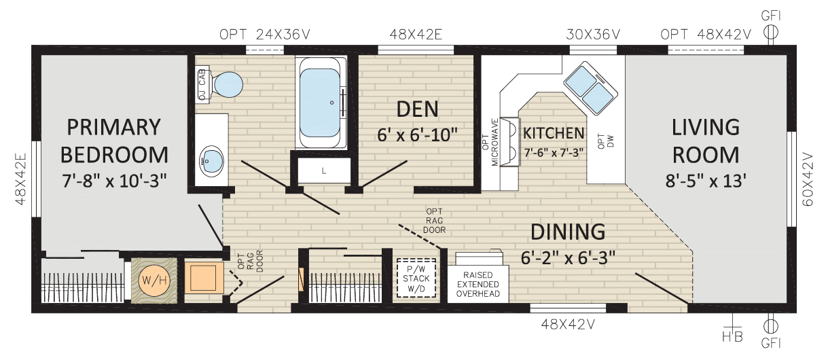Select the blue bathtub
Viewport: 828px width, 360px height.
[320, 103]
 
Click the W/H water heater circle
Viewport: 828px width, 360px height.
[154, 281]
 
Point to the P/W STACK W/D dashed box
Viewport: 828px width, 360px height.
[416, 278]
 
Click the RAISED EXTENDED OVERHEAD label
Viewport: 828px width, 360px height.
[478, 284]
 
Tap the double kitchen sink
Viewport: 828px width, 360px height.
[590, 88]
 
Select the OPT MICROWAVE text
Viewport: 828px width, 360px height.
[490, 142]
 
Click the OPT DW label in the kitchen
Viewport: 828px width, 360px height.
[605, 141]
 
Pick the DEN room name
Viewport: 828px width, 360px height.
[417, 109]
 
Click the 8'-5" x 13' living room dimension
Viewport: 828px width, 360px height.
[706, 181]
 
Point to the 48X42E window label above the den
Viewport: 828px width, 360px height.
[416, 35]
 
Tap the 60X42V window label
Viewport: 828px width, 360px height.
[808, 179]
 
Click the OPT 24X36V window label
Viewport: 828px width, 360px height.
[265, 35]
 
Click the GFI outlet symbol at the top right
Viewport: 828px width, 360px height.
[771, 33]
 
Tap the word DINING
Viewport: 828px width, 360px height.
[568, 232]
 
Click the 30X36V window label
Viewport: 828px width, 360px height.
[593, 35]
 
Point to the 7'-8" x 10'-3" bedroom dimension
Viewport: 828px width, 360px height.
[114, 181]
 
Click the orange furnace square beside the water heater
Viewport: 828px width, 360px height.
[203, 277]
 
